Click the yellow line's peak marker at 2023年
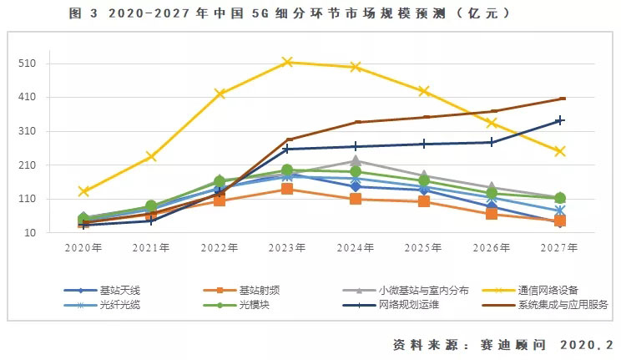point(287,62)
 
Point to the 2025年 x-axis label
point(424,247)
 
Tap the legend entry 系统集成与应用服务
point(564,304)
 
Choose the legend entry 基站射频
point(260,290)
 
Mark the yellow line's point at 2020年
point(83,191)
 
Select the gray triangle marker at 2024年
point(356,160)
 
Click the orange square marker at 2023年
point(287,189)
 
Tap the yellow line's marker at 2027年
point(560,151)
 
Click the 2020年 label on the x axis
point(83,247)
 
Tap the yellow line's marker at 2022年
point(220,94)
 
